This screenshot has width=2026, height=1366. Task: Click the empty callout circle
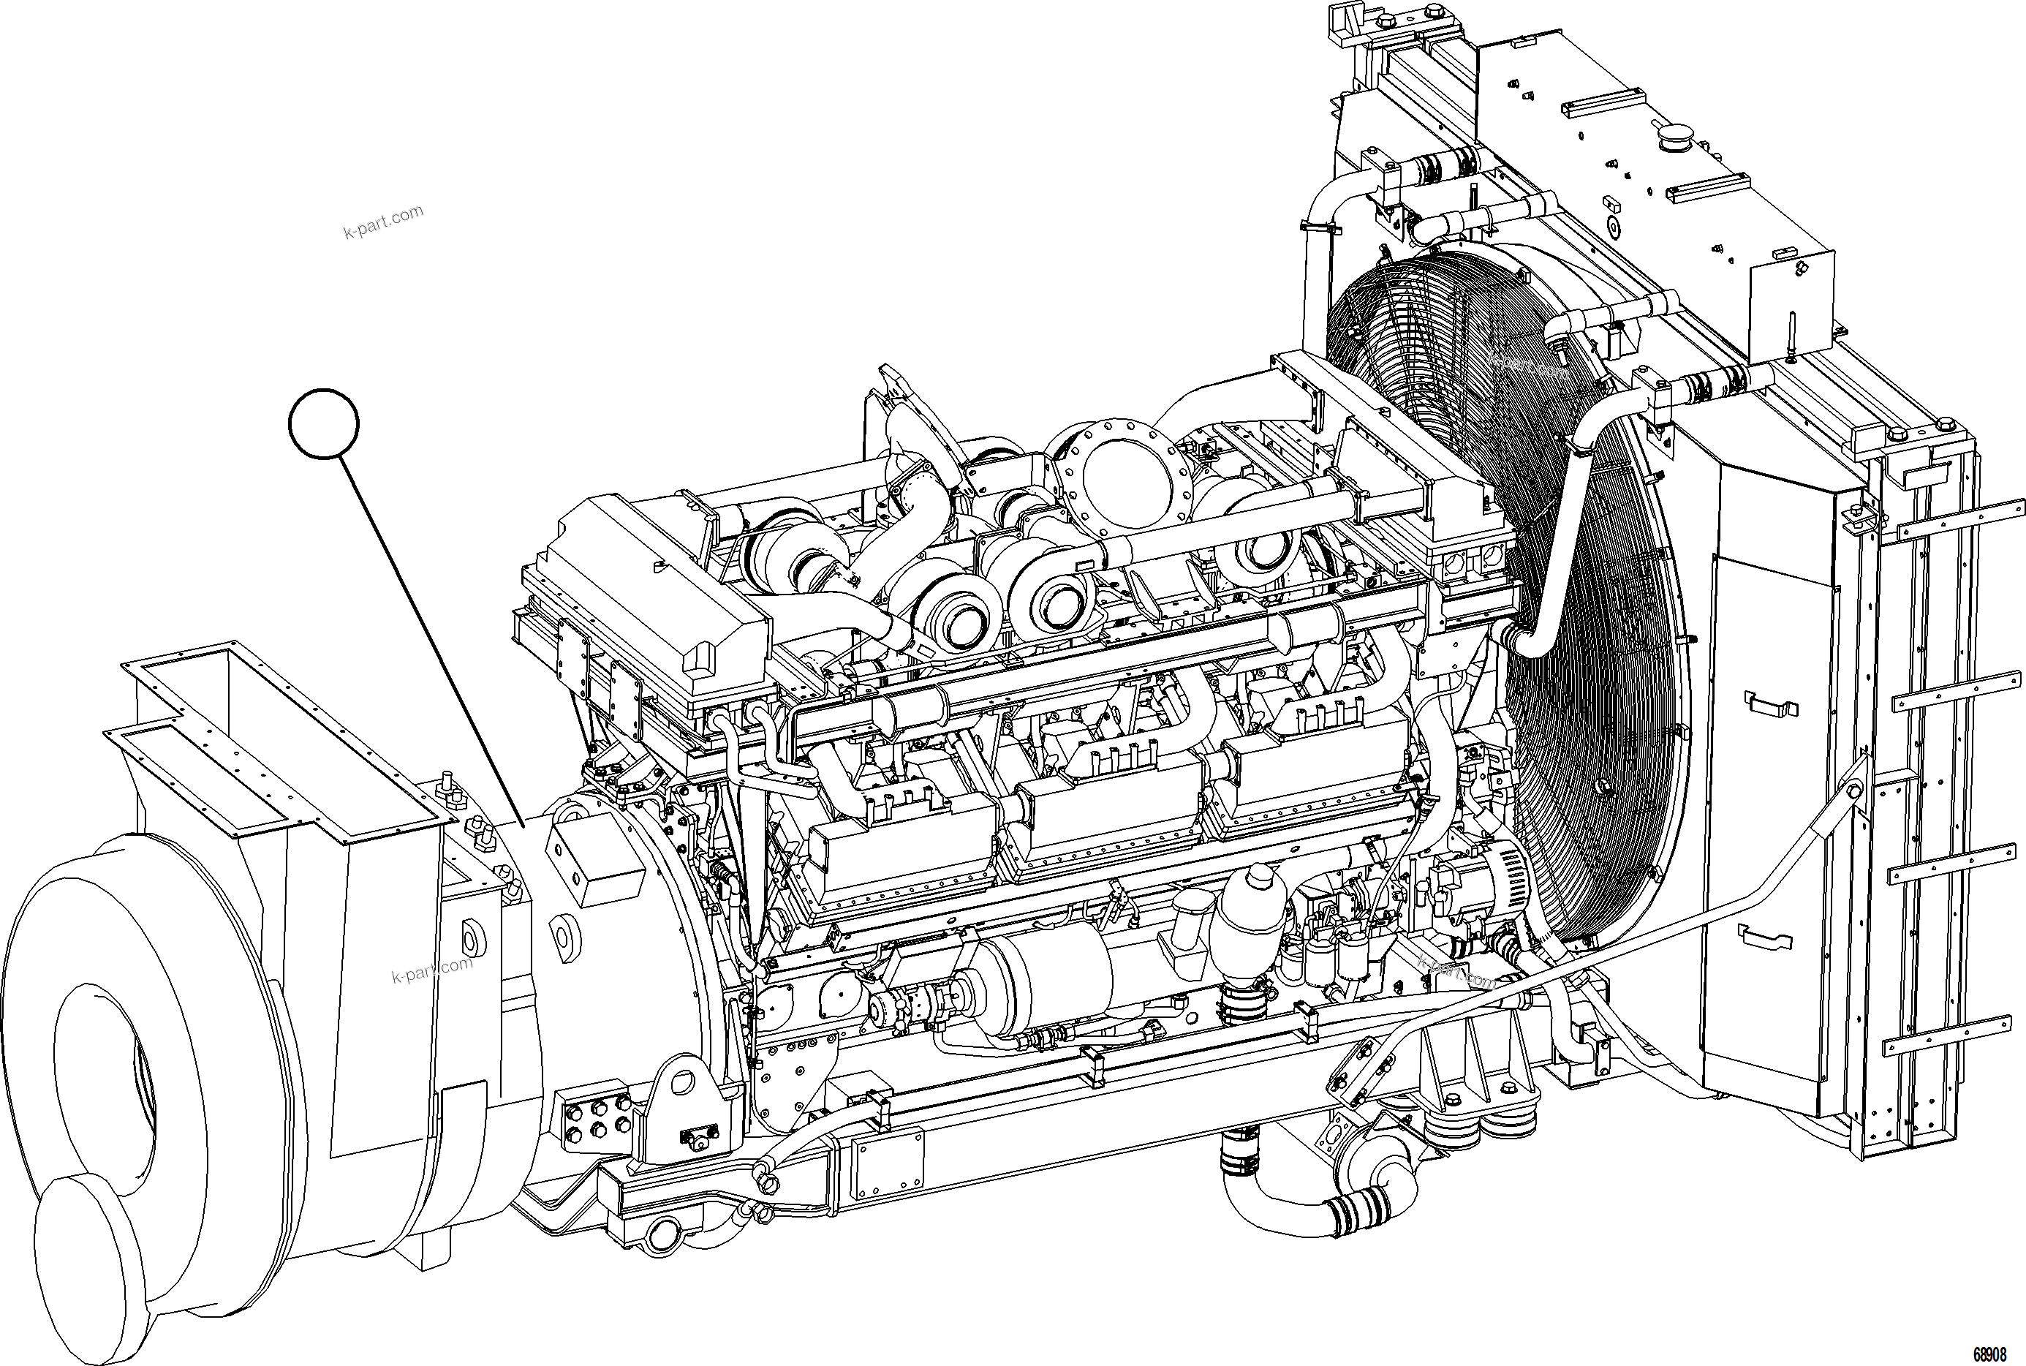point(323,423)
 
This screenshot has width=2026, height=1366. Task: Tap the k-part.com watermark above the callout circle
point(383,222)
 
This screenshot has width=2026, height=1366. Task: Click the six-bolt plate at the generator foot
point(597,1117)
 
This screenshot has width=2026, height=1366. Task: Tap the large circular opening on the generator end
point(113,1089)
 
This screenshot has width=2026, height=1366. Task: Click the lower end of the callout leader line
point(523,823)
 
